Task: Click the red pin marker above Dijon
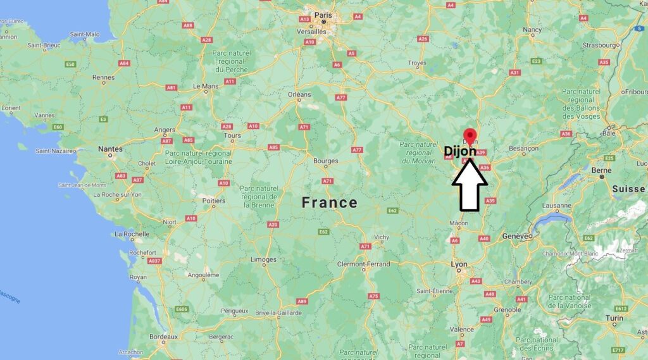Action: pos(470,135)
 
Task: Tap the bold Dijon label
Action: pos(460,151)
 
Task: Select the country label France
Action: pos(329,202)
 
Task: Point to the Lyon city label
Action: pos(459,263)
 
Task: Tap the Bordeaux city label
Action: pos(163,337)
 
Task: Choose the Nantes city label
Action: pos(110,149)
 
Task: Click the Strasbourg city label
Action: pos(599,46)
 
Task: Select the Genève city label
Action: pos(516,235)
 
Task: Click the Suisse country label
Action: pos(628,189)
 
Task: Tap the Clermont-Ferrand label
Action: pos(363,264)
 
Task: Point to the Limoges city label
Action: pos(263,259)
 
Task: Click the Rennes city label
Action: pos(103,77)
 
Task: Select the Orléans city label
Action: pos(299,95)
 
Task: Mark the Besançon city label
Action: pos(523,148)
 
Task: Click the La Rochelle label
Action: pos(132,234)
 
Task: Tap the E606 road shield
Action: pos(182,309)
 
